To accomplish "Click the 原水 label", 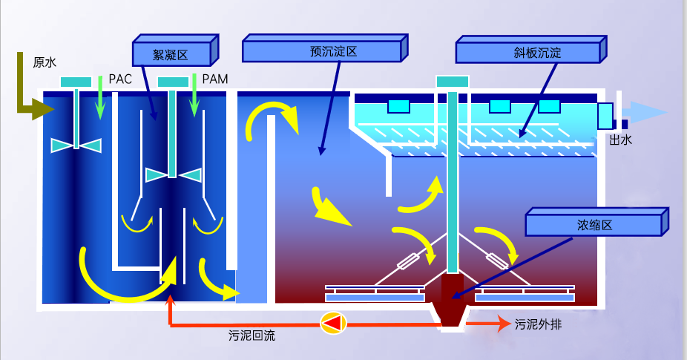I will pos(45,62).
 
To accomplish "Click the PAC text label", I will pos(120,79).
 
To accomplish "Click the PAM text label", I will pos(214,79).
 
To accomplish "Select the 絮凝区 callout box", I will pos(171,53).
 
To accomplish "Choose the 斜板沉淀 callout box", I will pos(528,53).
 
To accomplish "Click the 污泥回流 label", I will pos(252,336).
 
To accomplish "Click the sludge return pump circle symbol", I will pos(332,322).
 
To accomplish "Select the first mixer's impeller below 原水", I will pos(76,145).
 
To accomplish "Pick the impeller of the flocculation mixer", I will pos(172,174).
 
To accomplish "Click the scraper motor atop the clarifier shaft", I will pos(452,82).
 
